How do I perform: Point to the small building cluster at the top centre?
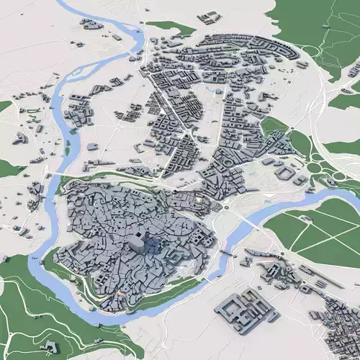(210, 17)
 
